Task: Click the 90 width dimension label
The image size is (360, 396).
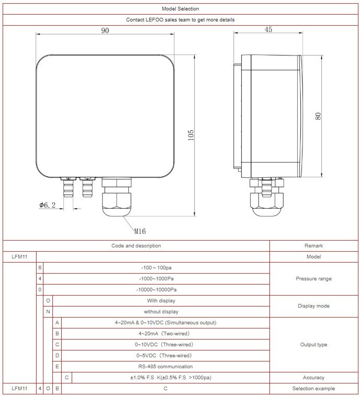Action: tap(105, 30)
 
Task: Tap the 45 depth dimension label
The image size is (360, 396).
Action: tap(268, 29)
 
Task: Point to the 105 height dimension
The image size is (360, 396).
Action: tap(191, 135)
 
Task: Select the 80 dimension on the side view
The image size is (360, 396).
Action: tap(318, 116)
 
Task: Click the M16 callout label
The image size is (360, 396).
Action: tap(140, 231)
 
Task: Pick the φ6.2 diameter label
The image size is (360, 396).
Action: tap(47, 205)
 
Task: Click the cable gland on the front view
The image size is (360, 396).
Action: tap(117, 197)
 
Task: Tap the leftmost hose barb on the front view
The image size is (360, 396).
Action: tap(68, 187)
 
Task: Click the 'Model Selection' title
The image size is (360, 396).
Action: tap(181, 9)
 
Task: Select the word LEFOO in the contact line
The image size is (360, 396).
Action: tap(154, 20)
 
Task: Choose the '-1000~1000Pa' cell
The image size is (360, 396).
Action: tap(156, 279)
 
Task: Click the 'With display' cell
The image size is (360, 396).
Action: tap(161, 301)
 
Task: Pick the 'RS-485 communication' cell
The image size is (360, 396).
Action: tap(165, 367)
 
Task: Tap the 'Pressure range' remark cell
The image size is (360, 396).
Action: tap(313, 279)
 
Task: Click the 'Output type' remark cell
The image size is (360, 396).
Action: tap(313, 345)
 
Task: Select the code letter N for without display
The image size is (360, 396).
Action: tap(48, 312)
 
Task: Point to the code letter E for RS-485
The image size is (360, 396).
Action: tap(57, 367)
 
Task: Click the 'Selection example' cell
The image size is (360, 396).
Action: tap(313, 389)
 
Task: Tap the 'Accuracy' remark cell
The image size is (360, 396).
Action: tap(313, 378)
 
